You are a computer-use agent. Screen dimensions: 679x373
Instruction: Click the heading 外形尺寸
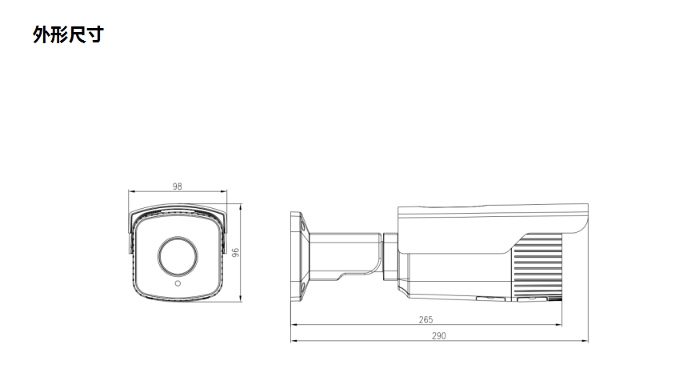click(69, 34)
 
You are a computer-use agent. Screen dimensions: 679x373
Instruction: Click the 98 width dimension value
click(177, 186)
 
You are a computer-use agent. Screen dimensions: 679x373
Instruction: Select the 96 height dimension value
click(236, 253)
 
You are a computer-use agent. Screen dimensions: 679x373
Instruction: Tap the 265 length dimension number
click(425, 319)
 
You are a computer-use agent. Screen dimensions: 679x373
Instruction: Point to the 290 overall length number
click(438, 335)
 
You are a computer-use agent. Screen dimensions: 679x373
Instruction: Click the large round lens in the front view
click(178, 256)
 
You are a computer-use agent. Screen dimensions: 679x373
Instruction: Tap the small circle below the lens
click(178, 284)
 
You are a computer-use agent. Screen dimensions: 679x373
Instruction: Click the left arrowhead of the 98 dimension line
click(132, 191)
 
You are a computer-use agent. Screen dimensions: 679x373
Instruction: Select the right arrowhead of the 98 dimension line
click(223, 191)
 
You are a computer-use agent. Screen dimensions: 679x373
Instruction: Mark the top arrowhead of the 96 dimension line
click(241, 207)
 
